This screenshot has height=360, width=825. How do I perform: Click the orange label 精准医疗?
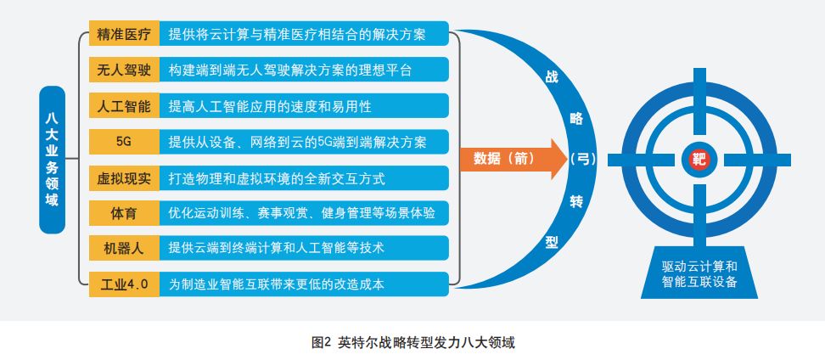(124, 35)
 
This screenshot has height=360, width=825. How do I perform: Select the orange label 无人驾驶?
(124, 70)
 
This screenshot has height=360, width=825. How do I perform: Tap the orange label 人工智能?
(124, 106)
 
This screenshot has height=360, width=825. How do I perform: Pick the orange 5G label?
(124, 142)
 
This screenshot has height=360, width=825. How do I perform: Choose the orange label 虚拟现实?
(124, 177)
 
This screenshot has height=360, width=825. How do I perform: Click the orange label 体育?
(124, 213)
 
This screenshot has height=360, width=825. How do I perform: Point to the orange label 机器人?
(124, 248)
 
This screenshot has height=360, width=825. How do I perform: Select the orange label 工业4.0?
(124, 284)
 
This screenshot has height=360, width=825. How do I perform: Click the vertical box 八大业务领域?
(52, 159)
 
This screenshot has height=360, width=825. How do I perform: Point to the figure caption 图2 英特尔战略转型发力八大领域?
(413, 343)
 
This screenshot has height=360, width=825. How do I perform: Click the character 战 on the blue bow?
(552, 77)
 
